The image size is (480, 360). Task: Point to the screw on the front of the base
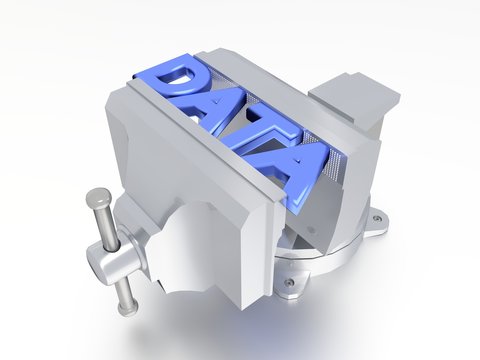click(289, 283)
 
